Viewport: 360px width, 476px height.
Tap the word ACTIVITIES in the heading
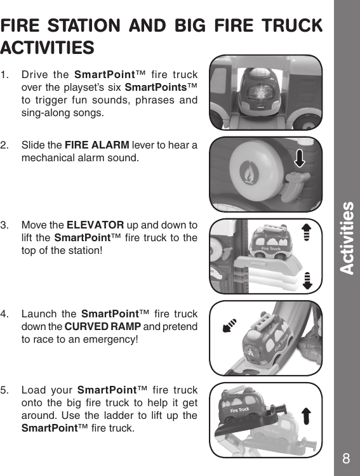pos(48,48)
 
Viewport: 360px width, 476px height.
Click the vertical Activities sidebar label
pos(347,238)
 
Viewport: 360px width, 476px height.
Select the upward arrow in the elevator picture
pos(307,233)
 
